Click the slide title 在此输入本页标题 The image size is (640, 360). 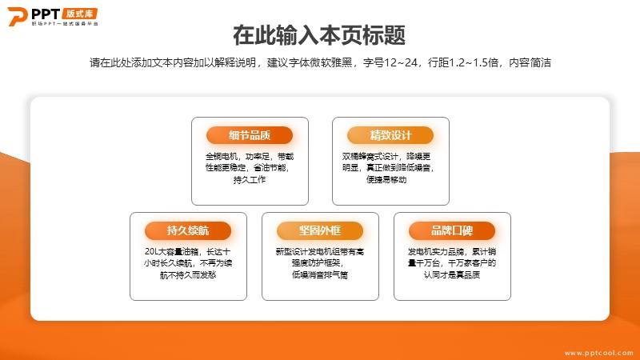[319, 35]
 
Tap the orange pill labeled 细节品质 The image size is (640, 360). [250, 135]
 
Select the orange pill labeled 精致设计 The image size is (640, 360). [390, 135]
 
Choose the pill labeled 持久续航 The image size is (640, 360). [188, 230]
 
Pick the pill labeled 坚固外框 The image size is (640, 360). [319, 230]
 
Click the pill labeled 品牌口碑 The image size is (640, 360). [452, 230]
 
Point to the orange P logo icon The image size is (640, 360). [17, 17]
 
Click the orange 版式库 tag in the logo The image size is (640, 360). [80, 14]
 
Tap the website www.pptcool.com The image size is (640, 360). [598, 353]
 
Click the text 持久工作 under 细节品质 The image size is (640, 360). [250, 179]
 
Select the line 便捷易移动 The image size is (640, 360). [386, 179]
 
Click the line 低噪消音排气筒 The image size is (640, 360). [319, 275]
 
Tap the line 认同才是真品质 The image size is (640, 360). [452, 275]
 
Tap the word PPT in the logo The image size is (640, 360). [46, 14]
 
